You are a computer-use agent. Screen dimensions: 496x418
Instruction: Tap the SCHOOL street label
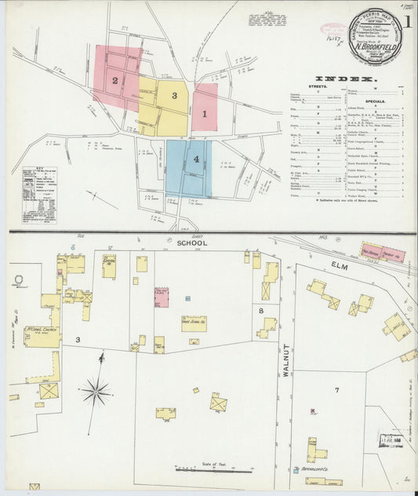click(x=191, y=243)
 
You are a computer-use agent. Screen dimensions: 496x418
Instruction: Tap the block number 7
click(x=336, y=390)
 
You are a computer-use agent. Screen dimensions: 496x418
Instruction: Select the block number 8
click(x=261, y=311)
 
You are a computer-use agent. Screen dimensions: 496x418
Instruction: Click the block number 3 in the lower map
click(x=77, y=339)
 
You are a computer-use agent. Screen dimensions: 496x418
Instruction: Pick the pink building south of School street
click(x=162, y=297)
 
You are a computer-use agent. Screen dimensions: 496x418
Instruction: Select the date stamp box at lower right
click(x=390, y=440)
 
